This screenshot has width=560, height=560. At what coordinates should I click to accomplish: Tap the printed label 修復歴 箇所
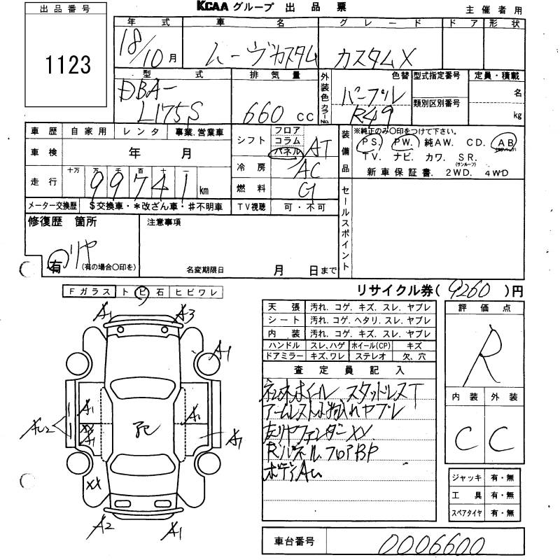tap(62, 222)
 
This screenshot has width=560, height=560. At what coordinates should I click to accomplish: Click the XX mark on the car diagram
tap(92, 484)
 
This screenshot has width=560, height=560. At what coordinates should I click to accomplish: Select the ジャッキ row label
tap(467, 477)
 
